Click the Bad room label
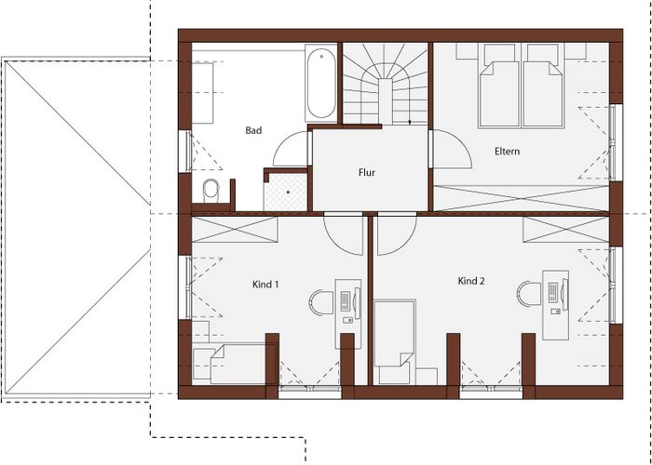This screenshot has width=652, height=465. tap(253, 130)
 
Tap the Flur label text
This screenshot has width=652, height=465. tap(367, 172)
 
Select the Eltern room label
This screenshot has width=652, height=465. tap(507, 151)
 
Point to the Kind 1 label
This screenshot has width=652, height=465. tap(265, 285)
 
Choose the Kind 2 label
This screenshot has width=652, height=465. tap(471, 281)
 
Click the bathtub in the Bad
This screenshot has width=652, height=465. tap(321, 84)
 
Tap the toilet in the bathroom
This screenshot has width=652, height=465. tap(211, 191)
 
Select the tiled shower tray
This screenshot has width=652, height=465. tap(286, 192)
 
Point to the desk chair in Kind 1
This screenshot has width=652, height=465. tap(320, 302)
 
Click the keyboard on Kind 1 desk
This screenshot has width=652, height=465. tap(345, 301)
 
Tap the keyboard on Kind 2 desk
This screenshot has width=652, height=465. tap(552, 293)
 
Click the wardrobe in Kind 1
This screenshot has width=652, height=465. tap(235, 229)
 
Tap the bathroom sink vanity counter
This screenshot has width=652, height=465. tap(202, 93)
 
